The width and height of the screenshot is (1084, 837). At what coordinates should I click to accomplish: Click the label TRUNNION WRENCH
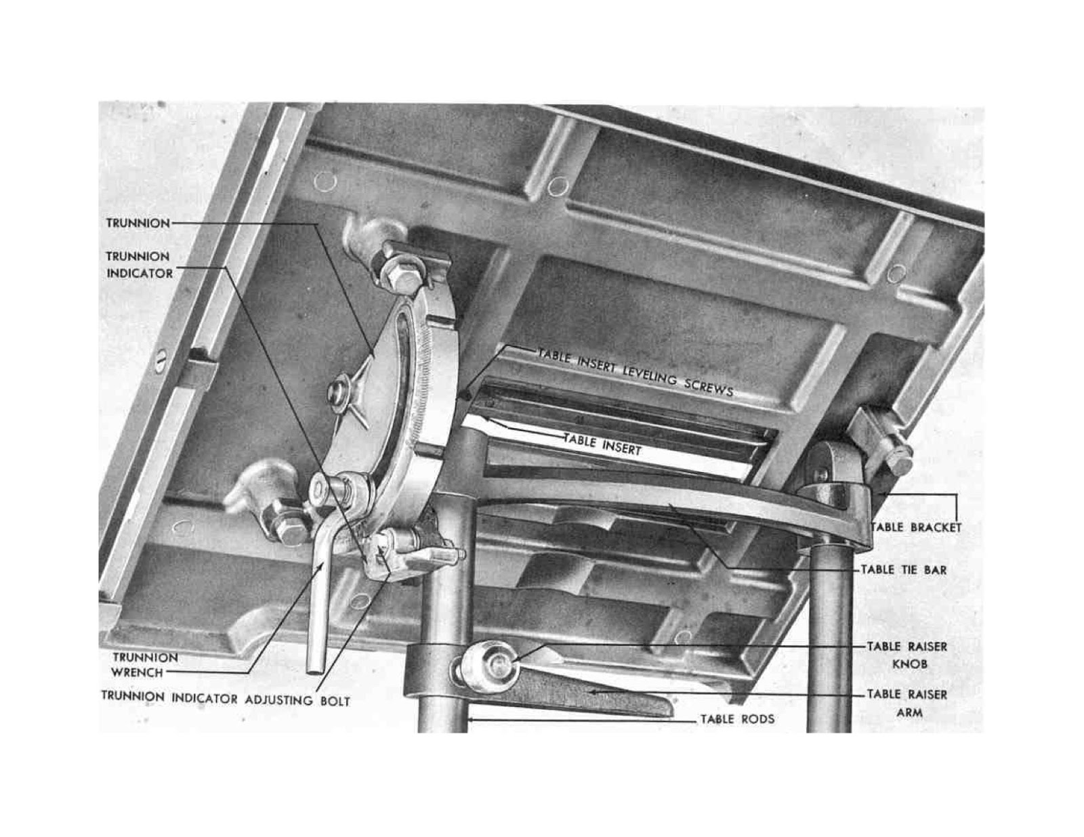(x=144, y=664)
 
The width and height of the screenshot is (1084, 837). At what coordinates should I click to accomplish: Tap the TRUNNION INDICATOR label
(x=139, y=265)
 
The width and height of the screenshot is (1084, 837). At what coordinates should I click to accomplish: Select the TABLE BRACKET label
(x=917, y=528)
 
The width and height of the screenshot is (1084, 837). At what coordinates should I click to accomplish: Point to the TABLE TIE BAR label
(x=904, y=570)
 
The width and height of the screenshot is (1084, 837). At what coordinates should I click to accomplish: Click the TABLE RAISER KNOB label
(x=907, y=655)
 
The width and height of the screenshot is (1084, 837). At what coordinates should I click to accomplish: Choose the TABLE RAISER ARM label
(x=907, y=703)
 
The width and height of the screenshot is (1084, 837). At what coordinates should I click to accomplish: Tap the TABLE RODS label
(x=737, y=719)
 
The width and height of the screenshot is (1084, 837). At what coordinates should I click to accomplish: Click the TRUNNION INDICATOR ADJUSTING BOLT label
(x=226, y=698)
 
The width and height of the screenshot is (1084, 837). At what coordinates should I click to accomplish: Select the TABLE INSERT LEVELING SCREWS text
(x=635, y=378)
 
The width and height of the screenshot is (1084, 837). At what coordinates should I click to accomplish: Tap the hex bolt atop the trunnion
(x=402, y=275)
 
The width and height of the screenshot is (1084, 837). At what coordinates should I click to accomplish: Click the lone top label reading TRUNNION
(x=138, y=223)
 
